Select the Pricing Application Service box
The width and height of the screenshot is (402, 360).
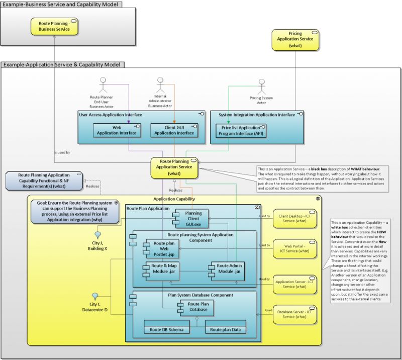pyautogui.click(x=295, y=40)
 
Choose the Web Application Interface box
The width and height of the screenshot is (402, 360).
pyautogui.click(x=117, y=130)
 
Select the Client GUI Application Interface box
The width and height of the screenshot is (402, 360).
pyautogui.click(x=173, y=130)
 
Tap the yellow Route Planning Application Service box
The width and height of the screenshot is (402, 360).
pyautogui.click(x=173, y=168)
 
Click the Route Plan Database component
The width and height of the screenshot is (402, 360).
pyautogui.click(x=198, y=307)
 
